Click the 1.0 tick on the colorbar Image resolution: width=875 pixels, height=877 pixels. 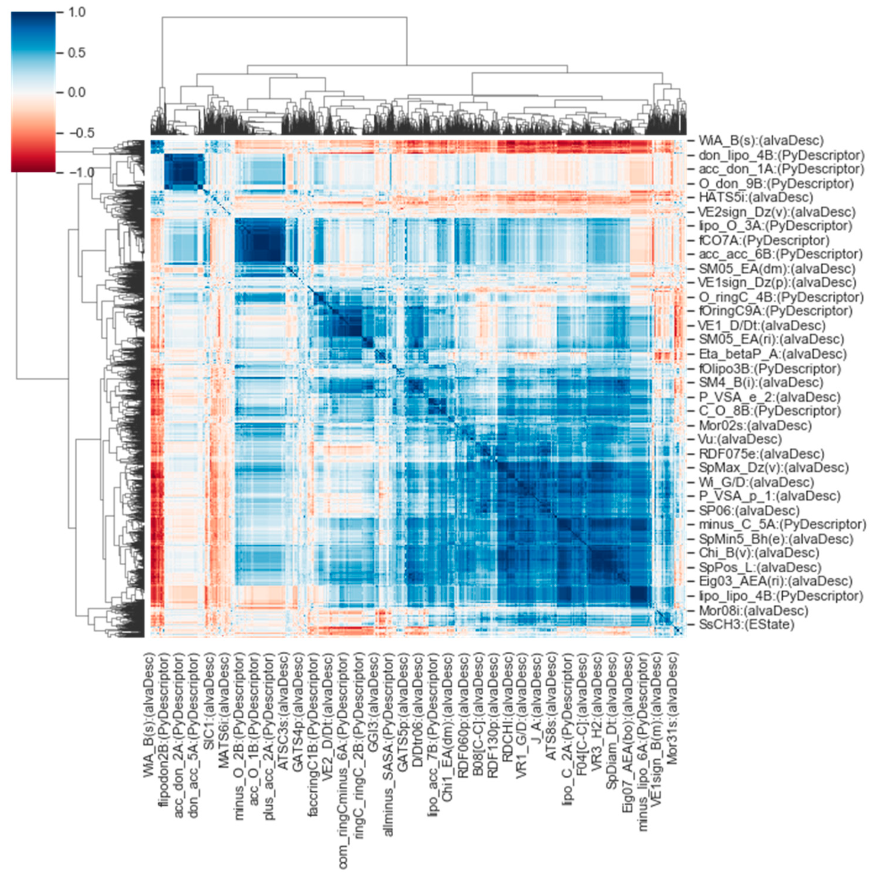pos(76,12)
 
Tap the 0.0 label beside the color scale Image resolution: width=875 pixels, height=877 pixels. pos(76,93)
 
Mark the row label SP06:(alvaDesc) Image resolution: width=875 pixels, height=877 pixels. pos(742,510)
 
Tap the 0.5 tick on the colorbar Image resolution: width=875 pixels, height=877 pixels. pos(76,52)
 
